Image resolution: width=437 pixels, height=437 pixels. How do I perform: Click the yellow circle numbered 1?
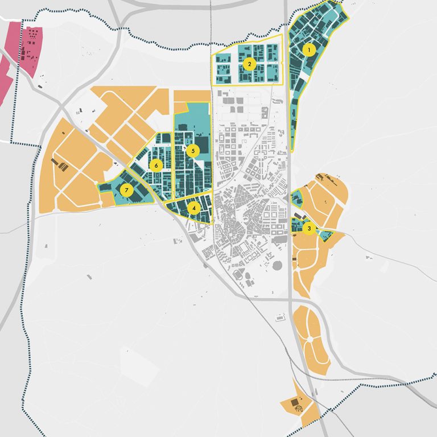click(309, 50)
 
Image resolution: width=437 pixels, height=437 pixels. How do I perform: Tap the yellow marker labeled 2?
click(248, 64)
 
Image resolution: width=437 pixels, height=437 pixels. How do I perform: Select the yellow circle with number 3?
click(308, 229)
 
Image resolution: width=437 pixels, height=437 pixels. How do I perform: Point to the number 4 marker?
click(195, 208)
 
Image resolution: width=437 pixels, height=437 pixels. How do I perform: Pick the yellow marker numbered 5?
click(193, 151)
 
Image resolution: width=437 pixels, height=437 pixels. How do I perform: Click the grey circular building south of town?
click(278, 266)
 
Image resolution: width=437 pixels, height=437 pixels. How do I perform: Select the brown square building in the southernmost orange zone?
click(295, 403)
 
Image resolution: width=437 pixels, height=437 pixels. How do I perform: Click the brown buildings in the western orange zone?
click(60, 166)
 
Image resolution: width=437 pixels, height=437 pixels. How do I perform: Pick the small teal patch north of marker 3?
click(296, 199)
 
